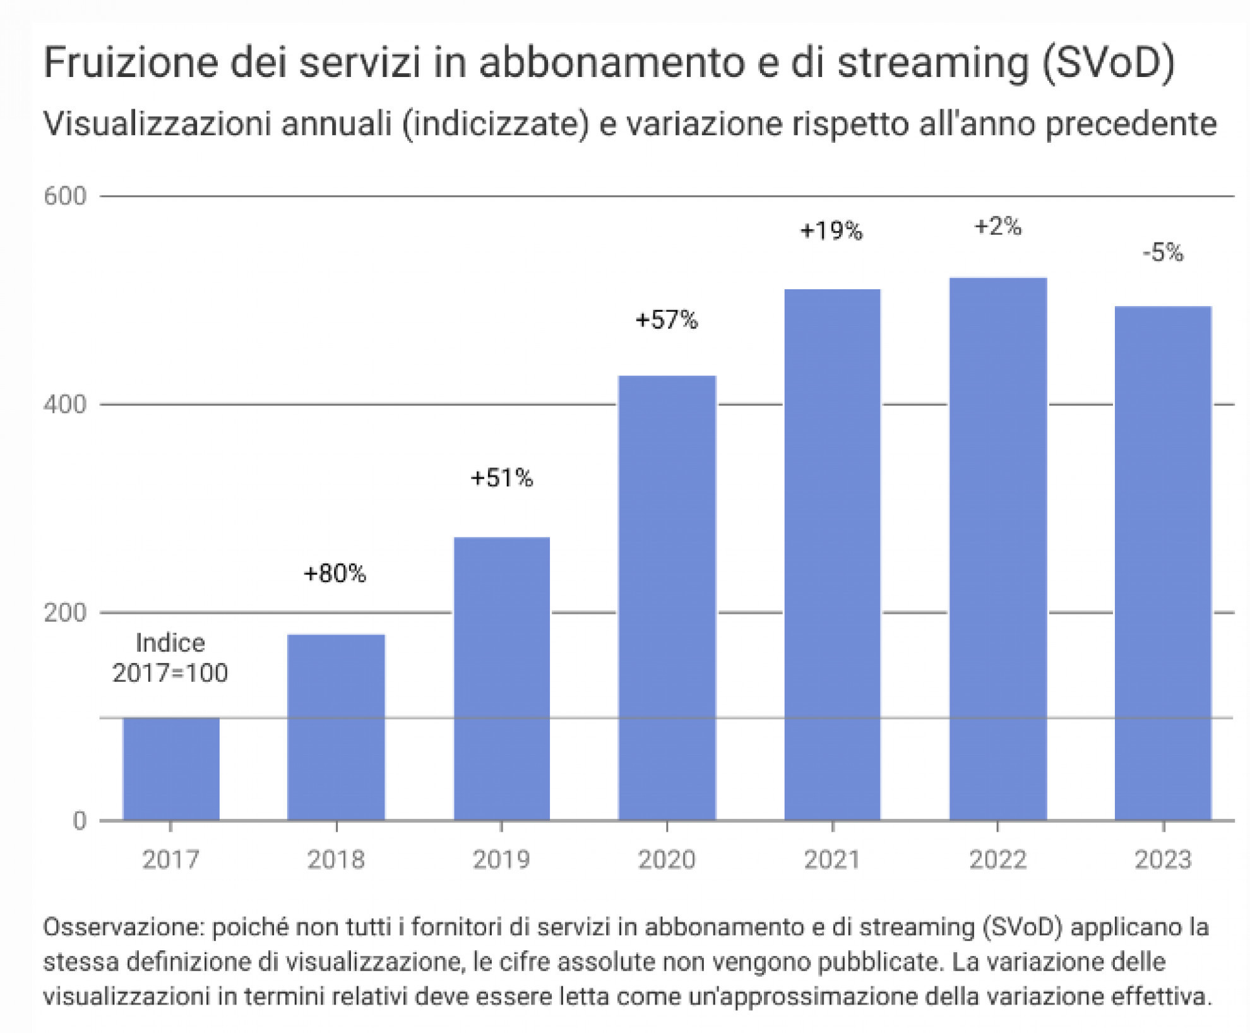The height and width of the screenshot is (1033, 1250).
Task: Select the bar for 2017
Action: coord(171,768)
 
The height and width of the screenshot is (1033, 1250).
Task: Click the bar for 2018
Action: coord(336,727)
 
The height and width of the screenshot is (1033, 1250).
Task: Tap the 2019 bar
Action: coord(502,678)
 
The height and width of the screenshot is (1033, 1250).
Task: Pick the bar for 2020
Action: coord(667,597)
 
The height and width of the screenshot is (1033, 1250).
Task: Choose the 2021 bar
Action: coord(832,554)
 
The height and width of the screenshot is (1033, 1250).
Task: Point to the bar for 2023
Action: coord(1163,563)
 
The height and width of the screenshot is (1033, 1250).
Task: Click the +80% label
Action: coord(335,573)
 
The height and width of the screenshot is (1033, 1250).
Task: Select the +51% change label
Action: coord(502,478)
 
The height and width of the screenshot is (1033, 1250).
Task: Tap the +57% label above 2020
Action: coord(667,319)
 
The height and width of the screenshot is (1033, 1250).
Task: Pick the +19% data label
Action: coord(831,230)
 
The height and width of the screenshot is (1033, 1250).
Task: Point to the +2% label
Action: coord(997,225)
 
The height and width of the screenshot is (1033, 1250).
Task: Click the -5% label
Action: coord(1163,253)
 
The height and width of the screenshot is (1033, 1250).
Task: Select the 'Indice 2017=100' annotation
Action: coord(170,658)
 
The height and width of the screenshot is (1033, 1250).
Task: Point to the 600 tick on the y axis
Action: coord(64,196)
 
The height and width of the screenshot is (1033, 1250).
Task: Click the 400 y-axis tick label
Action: coord(64,404)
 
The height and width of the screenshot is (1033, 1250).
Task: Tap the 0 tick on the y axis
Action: coord(79,820)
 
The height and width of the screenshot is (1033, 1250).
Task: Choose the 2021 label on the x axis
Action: coord(832,859)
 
